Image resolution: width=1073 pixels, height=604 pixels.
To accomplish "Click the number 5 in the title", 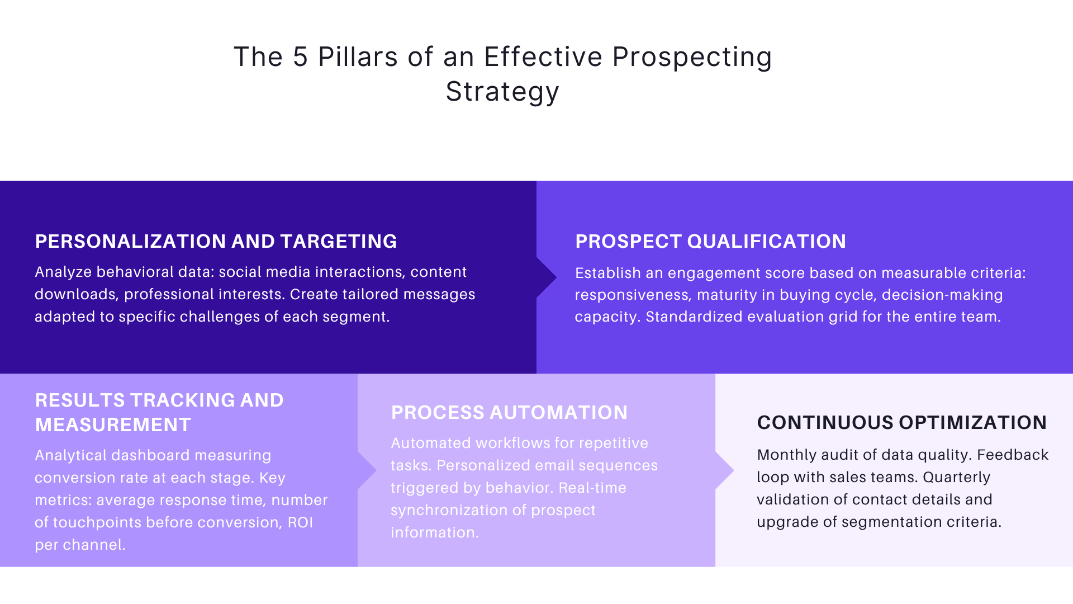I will point(300,57).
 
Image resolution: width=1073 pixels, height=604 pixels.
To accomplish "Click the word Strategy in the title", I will point(502,92).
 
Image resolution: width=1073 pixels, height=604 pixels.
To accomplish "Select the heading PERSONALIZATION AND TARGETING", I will point(216,241).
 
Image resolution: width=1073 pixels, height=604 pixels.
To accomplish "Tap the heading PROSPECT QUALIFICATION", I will point(710,241).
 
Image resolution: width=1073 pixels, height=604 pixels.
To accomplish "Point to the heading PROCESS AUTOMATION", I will point(509,412).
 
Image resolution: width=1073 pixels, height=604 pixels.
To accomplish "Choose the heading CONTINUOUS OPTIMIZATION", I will point(901,422).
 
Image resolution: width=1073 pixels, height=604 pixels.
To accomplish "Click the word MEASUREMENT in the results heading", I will point(113,424).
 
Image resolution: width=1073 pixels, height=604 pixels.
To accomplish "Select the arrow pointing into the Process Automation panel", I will point(367,470).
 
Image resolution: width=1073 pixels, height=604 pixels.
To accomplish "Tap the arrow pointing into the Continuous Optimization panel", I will point(725,470).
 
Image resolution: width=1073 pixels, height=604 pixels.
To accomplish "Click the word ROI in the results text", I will point(300,522).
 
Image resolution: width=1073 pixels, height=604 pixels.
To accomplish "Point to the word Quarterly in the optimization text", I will point(956,477).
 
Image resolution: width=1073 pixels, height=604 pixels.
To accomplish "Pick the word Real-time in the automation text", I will point(592,488).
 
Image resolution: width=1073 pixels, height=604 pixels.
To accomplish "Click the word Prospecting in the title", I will point(692,57).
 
